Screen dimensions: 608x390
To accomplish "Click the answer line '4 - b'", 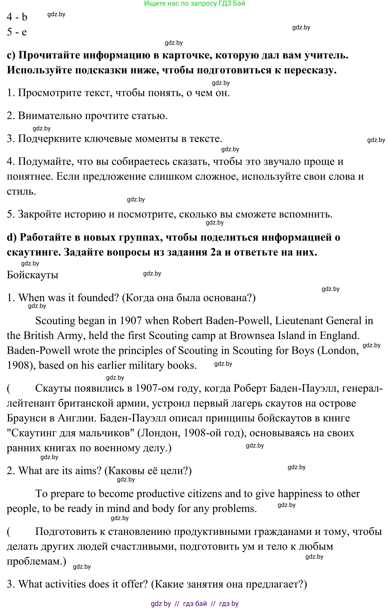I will [17, 17].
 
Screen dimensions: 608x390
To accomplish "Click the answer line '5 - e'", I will [17, 32].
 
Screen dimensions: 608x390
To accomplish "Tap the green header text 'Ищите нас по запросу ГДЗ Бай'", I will [195, 3].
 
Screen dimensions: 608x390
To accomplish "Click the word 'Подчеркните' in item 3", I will [49, 139].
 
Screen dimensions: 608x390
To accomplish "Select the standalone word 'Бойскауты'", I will [32, 275].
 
